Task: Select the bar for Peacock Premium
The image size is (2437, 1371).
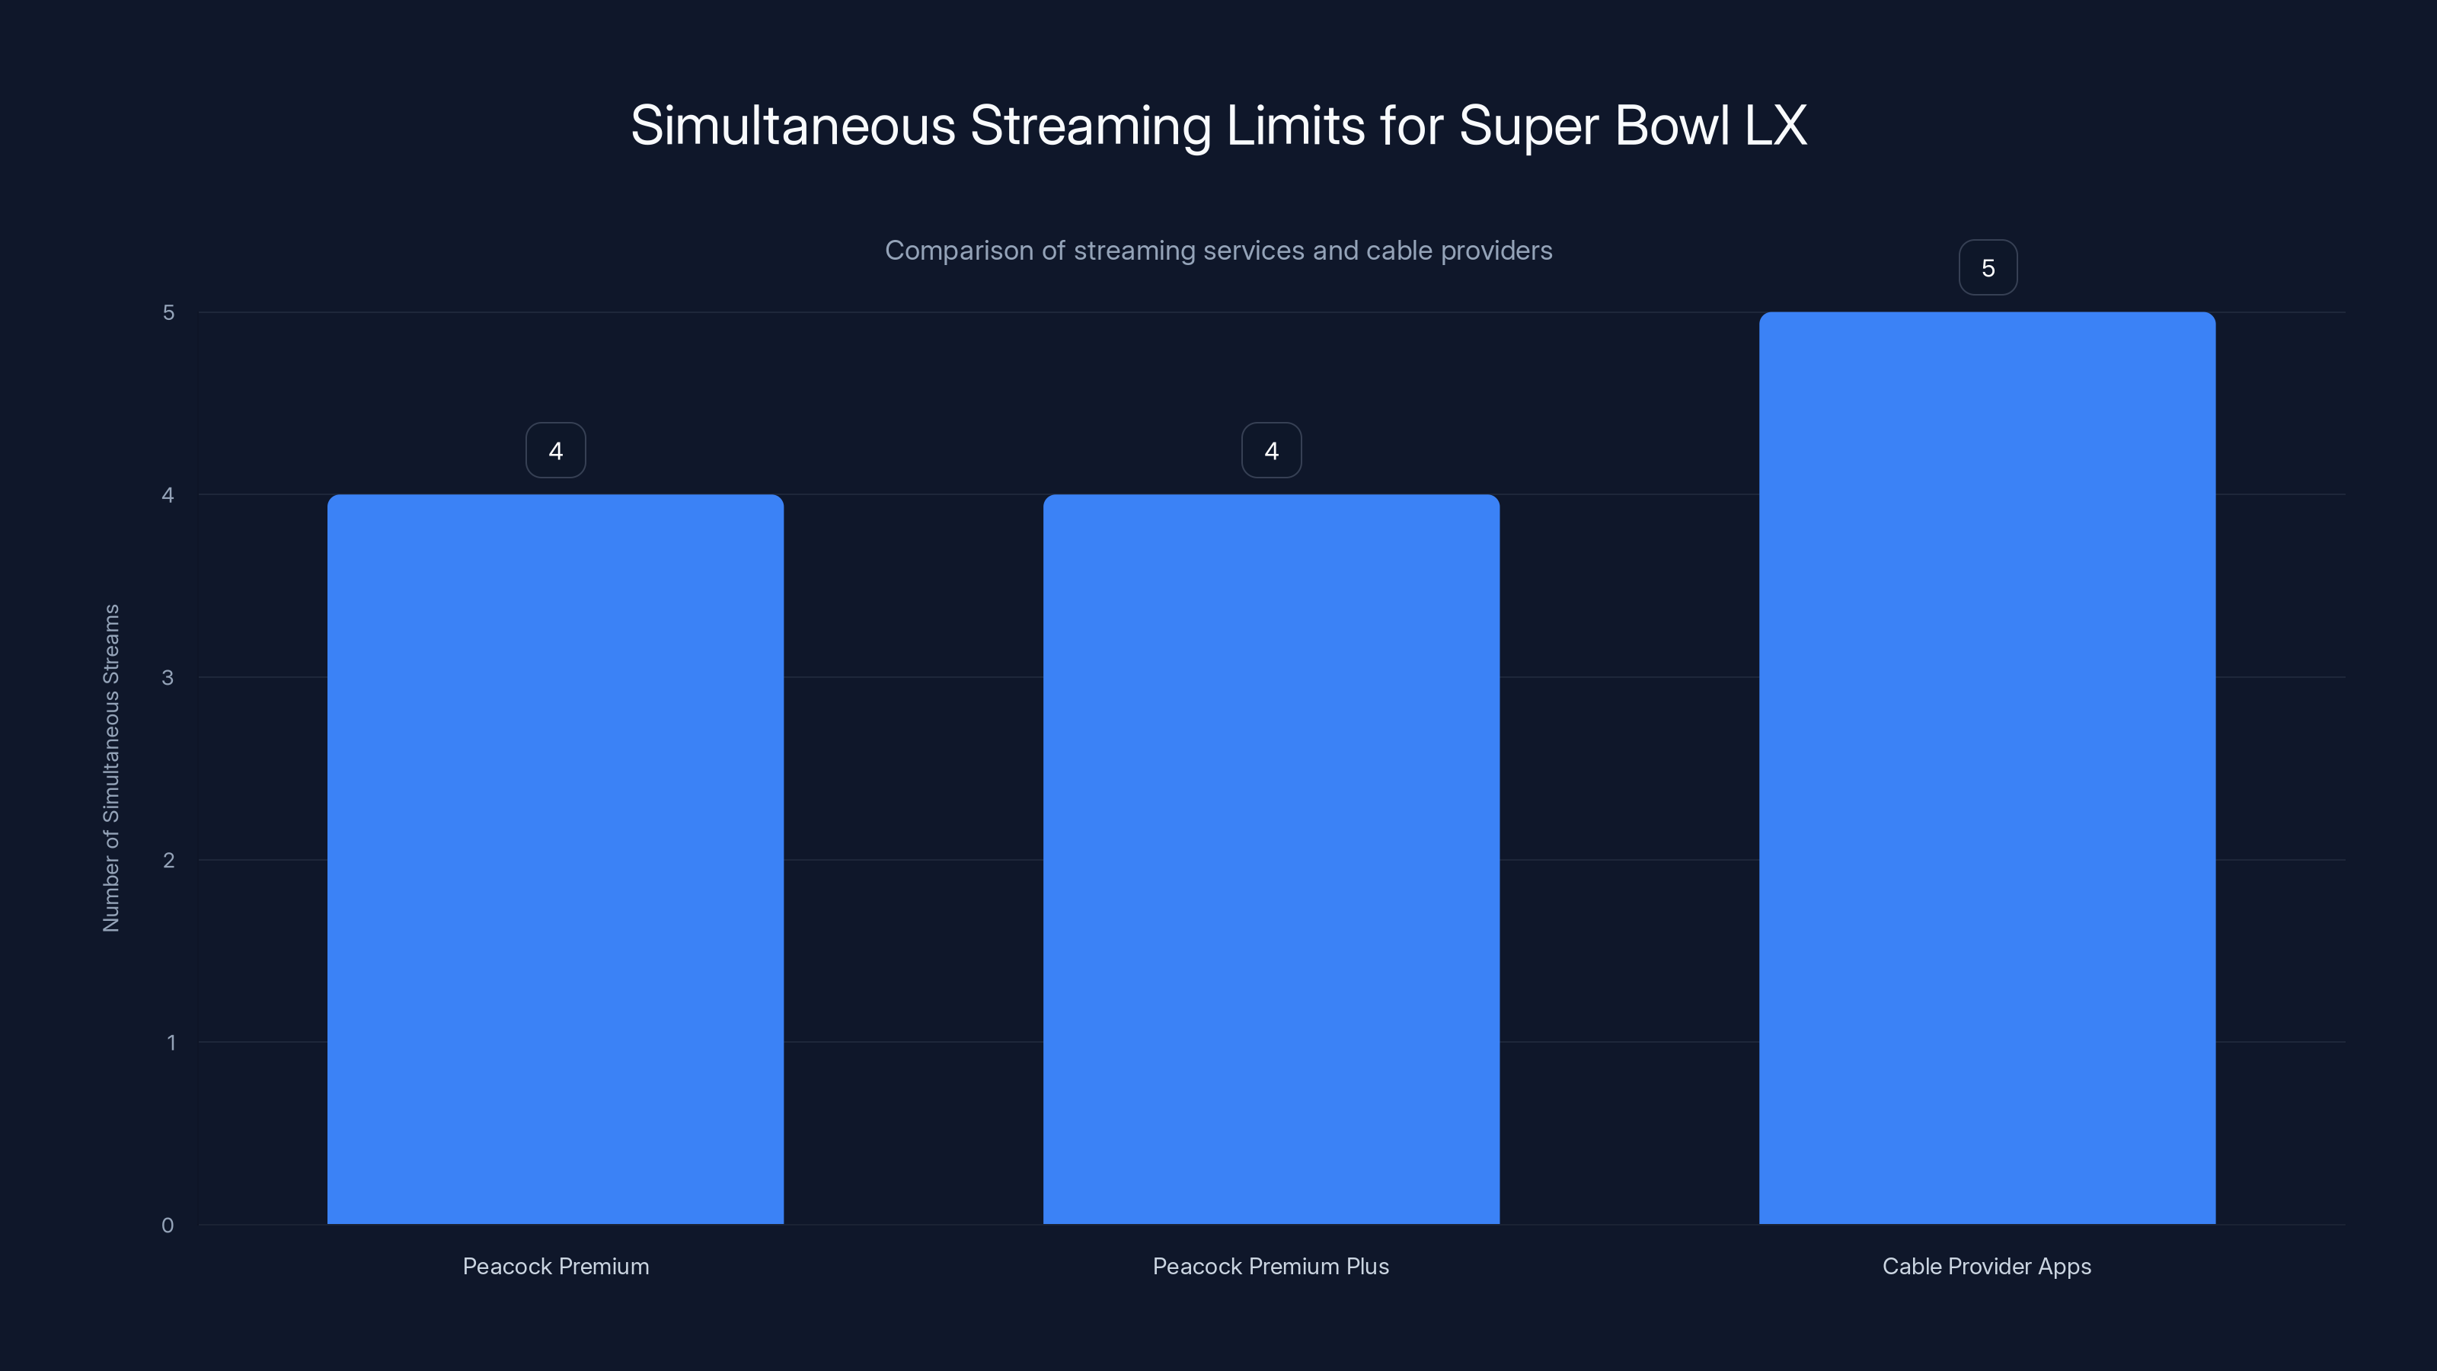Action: pyautogui.click(x=555, y=859)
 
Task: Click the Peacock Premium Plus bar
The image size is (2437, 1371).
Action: pyautogui.click(x=1270, y=859)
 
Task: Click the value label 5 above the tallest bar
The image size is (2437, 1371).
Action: pyautogui.click(x=1988, y=268)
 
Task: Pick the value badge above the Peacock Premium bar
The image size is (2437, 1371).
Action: pyautogui.click(x=555, y=450)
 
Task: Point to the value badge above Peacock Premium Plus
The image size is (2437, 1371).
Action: pyautogui.click(x=1270, y=450)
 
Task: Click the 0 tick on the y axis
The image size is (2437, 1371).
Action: pyautogui.click(x=168, y=1226)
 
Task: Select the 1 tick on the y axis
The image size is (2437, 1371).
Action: pyautogui.click(x=171, y=1043)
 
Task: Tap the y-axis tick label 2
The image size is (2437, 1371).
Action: pyautogui.click(x=168, y=860)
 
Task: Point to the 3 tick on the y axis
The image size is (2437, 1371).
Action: pyautogui.click(x=168, y=677)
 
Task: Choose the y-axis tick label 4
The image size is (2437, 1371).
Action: pyautogui.click(x=168, y=495)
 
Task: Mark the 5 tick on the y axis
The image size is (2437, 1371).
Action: pyautogui.click(x=168, y=312)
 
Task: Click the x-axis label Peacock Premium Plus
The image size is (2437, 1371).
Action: pyautogui.click(x=1270, y=1266)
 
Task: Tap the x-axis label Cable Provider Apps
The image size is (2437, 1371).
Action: pyautogui.click(x=1987, y=1266)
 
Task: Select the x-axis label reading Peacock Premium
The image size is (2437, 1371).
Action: pyautogui.click(x=555, y=1266)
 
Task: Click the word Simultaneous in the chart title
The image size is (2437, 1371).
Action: pyautogui.click(x=793, y=125)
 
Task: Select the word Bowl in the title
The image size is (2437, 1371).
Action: pyautogui.click(x=1672, y=125)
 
